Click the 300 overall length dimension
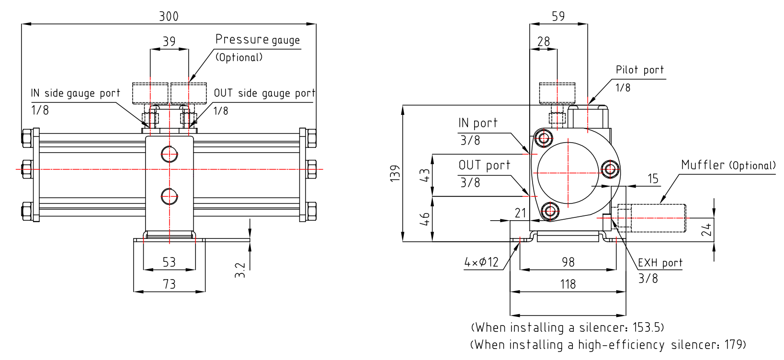(169, 16)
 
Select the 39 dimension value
(169, 42)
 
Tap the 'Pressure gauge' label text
(257, 39)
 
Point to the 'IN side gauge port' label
(75, 93)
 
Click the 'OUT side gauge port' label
(264, 93)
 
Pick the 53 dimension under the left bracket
(169, 262)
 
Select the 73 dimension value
(169, 284)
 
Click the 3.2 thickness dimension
(240, 270)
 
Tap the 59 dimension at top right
(558, 16)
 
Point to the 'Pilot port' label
(639, 70)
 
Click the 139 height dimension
(395, 173)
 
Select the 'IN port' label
(477, 123)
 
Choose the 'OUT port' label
(484, 165)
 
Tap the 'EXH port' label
(660, 263)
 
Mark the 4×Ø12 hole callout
(481, 262)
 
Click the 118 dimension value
(568, 284)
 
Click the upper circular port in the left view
(169, 154)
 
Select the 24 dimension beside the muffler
(706, 230)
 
